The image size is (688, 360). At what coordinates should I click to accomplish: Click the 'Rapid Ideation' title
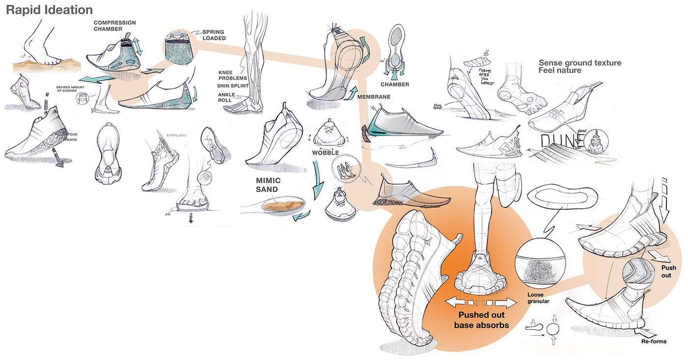click(x=49, y=9)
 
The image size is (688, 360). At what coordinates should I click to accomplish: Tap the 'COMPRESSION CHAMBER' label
click(x=115, y=26)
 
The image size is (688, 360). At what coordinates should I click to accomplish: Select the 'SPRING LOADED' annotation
click(x=214, y=35)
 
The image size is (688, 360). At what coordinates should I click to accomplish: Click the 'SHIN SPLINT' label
click(x=233, y=86)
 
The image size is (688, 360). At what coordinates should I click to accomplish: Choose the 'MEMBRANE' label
click(x=374, y=97)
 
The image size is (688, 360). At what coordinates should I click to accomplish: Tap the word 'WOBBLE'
click(x=326, y=153)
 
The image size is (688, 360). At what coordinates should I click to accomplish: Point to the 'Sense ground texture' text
click(x=580, y=63)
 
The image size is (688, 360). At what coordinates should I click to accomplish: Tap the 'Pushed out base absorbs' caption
click(x=481, y=320)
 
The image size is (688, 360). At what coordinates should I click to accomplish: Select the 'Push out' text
click(x=668, y=272)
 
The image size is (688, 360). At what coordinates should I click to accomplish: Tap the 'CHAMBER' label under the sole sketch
click(x=395, y=84)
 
